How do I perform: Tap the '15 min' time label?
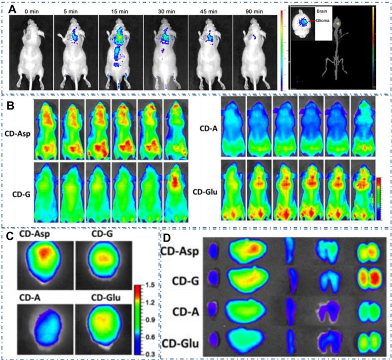pyautogui.click(x=120, y=10)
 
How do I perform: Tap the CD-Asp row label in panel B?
pyautogui.click(x=18, y=133)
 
